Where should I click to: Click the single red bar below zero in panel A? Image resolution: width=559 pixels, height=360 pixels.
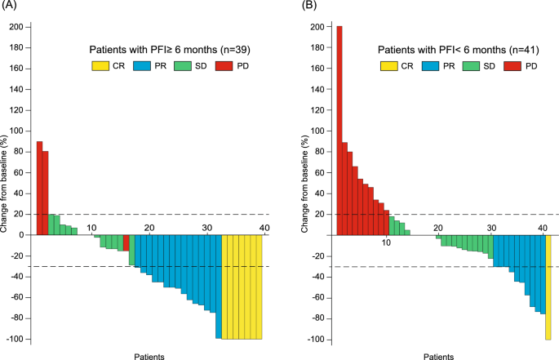tap(126, 243)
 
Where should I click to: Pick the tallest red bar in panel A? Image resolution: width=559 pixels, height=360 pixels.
tap(39, 188)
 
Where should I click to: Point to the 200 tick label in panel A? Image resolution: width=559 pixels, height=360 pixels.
tap(16, 27)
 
